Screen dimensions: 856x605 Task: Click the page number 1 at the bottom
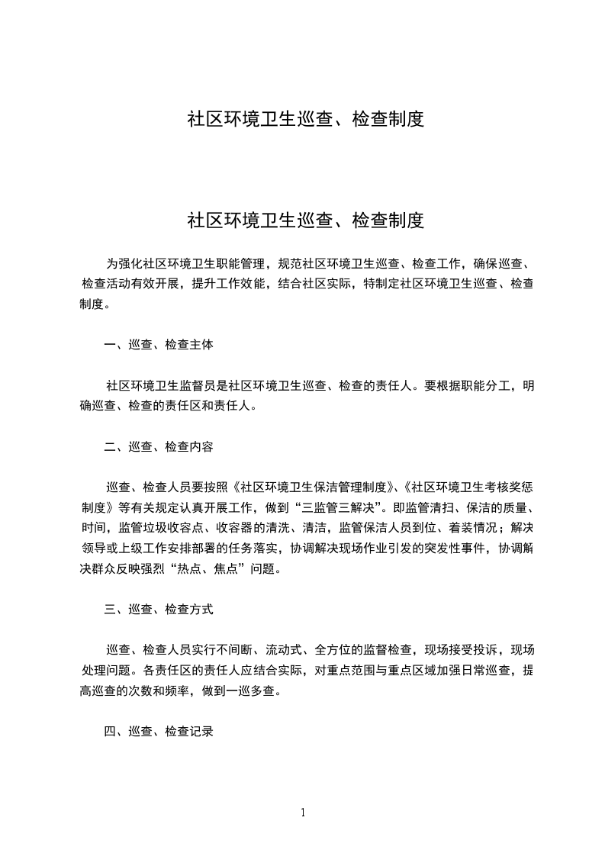coord(303,813)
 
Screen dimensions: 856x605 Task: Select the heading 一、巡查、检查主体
coord(159,345)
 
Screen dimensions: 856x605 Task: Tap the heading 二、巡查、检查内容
coord(159,447)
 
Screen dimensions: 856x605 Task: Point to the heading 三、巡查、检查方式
coord(159,610)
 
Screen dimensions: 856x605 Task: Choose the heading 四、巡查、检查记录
coord(159,732)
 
